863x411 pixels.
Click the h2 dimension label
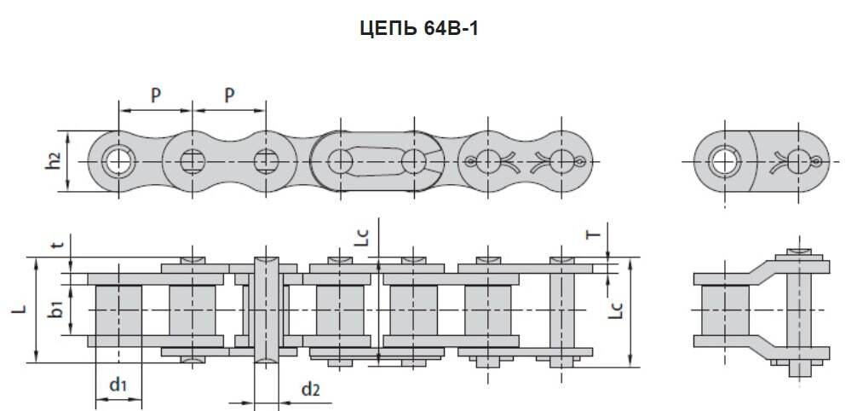coord(53,159)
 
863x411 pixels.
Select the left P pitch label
coord(156,96)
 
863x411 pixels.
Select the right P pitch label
coord(229,96)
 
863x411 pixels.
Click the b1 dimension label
coord(57,310)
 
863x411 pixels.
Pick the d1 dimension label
coord(118,385)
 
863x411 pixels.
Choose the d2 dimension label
coord(310,390)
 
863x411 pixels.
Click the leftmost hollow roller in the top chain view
coord(117,159)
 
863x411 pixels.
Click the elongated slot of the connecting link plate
coord(375,160)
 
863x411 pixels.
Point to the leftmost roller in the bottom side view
coord(118,310)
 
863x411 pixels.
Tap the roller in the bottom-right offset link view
coord(723,310)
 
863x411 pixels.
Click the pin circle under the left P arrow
coord(193,159)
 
